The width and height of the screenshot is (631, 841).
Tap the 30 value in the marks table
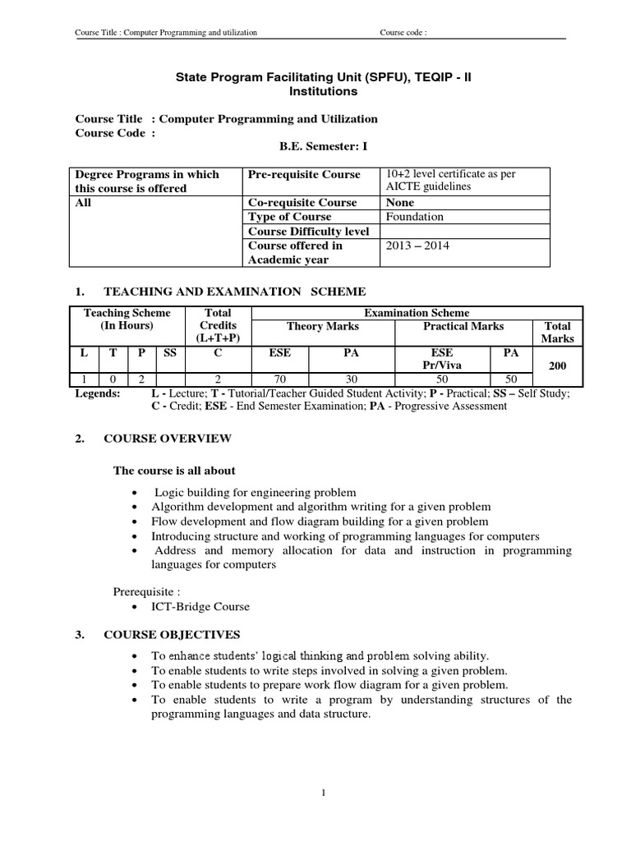[352, 379]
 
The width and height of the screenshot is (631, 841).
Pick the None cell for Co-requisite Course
[399, 202]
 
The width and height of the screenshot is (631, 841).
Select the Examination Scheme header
[417, 313]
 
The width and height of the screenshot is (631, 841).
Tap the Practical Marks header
[463, 326]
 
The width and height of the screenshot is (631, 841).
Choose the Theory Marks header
[322, 326]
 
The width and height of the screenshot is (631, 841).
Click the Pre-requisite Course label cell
[304, 174]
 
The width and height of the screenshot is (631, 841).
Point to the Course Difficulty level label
[308, 232]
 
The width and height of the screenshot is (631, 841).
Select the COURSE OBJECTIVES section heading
[172, 635]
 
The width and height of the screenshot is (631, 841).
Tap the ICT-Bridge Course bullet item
[201, 607]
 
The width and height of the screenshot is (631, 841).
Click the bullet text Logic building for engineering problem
[255, 492]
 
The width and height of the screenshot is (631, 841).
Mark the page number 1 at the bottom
[325, 792]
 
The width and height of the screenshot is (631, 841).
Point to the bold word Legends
[98, 393]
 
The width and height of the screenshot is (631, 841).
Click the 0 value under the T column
[113, 379]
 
